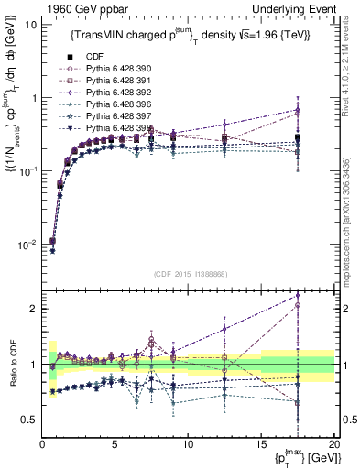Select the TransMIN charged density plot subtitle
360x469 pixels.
coord(183,34)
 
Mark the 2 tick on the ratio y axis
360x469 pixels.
coord(34,309)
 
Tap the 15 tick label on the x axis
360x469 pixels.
coord(261,443)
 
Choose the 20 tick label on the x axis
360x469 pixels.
coord(333,443)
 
